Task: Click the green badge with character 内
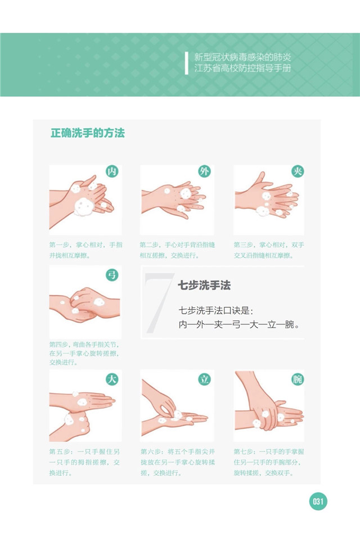tap(112, 171)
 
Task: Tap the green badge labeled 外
tap(204, 171)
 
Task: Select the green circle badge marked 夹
tap(298, 171)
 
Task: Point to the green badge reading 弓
tap(112, 275)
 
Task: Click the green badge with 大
tap(112, 379)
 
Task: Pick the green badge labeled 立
tap(204, 379)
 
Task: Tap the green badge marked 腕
tap(298, 379)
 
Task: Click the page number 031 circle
tap(318, 501)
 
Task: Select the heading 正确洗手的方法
tap(88, 133)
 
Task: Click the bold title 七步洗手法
tap(204, 286)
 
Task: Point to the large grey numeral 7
tap(159, 302)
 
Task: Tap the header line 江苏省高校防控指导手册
tap(242, 68)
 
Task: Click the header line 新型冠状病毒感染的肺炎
tap(242, 57)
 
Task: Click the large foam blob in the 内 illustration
tap(84, 207)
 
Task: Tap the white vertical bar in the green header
tap(187, 63)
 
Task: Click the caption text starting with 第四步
tap(84, 354)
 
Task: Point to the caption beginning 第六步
tap(178, 462)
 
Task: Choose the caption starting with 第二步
tap(177, 250)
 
